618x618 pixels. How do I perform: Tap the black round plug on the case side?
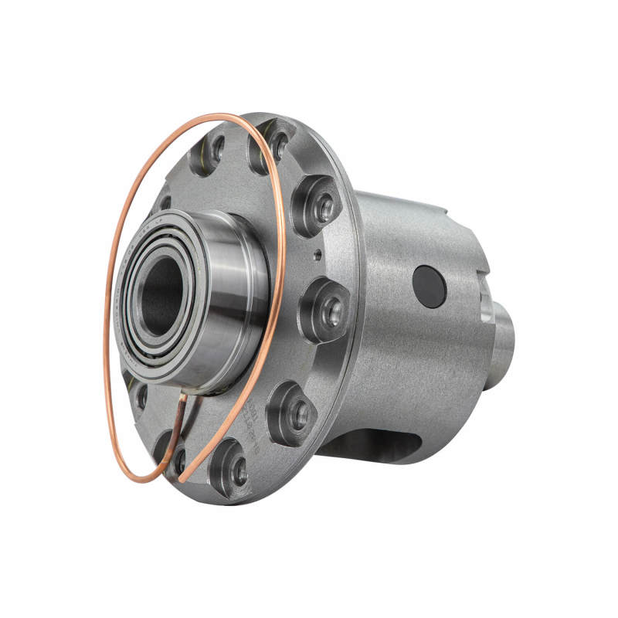[430, 287]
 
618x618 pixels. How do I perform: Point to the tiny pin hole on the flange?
[316, 252]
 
